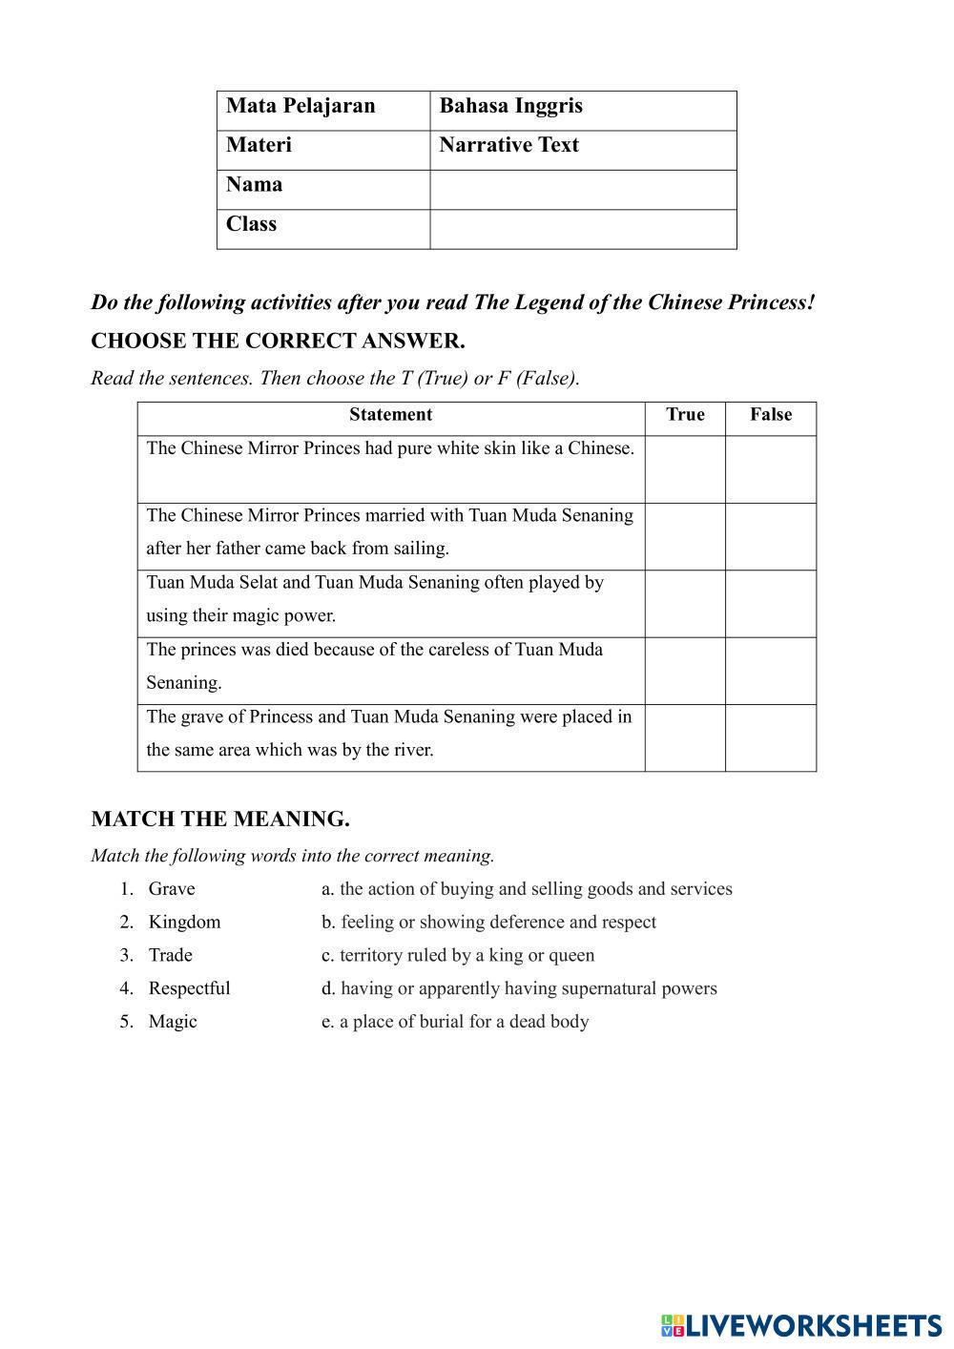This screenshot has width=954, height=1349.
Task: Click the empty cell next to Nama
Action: click(583, 190)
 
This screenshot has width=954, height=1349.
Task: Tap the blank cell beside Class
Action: click(583, 229)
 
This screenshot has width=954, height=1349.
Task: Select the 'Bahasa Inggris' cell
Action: click(510, 106)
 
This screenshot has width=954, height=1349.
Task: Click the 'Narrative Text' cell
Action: click(508, 145)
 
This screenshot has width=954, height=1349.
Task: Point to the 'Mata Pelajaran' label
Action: click(301, 106)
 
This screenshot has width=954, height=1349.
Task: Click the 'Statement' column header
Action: click(390, 415)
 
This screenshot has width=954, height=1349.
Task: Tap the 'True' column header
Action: click(685, 415)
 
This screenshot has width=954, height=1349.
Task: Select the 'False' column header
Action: click(771, 415)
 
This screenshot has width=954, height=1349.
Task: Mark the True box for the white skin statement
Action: click(685, 469)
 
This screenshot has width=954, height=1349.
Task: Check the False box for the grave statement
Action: click(771, 737)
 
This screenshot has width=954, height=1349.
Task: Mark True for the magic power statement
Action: click(685, 604)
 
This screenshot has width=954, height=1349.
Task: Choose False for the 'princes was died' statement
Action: click(771, 671)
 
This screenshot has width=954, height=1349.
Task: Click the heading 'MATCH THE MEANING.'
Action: click(220, 819)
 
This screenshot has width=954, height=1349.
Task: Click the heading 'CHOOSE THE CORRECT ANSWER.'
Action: click(278, 341)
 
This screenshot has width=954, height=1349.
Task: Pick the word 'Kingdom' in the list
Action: click(184, 922)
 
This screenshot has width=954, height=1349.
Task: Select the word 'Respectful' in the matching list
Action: click(189, 988)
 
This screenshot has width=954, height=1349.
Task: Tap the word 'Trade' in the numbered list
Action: click(170, 955)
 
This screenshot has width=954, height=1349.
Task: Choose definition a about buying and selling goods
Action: click(527, 889)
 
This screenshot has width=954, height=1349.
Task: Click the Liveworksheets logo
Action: click(801, 1325)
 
